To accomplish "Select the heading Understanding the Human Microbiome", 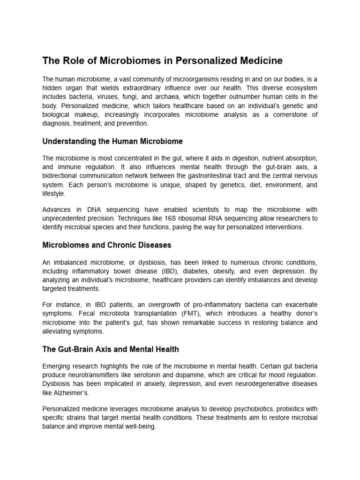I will pos(112,141).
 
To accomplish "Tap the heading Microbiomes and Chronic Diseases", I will pos(107,245).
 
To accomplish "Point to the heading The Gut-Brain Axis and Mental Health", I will pos(111,349).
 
